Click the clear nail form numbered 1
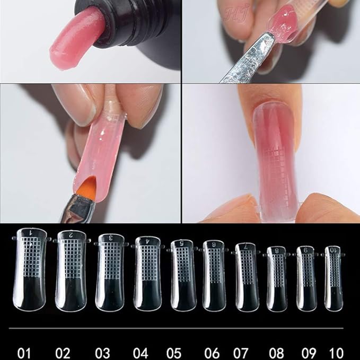[32, 270]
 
